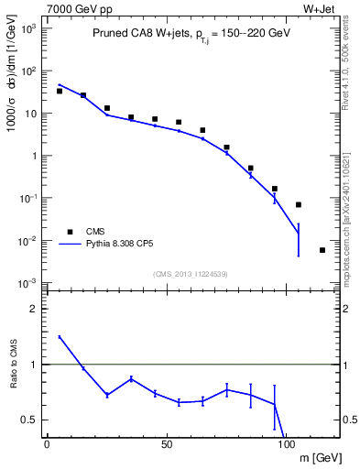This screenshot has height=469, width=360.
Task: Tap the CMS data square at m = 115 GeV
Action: tap(322, 250)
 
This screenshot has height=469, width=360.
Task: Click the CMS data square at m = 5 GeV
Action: tap(60, 91)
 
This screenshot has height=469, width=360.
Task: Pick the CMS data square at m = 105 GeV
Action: tap(299, 204)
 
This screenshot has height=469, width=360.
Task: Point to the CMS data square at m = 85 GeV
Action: tap(250, 169)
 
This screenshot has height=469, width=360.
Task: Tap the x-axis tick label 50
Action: tap(166, 443)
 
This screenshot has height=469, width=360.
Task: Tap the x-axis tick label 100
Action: tap(287, 443)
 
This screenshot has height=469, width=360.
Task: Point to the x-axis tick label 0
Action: tap(47, 443)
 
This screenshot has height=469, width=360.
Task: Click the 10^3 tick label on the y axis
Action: tap(30, 28)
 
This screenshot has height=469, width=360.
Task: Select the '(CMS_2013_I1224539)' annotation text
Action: tap(191, 273)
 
